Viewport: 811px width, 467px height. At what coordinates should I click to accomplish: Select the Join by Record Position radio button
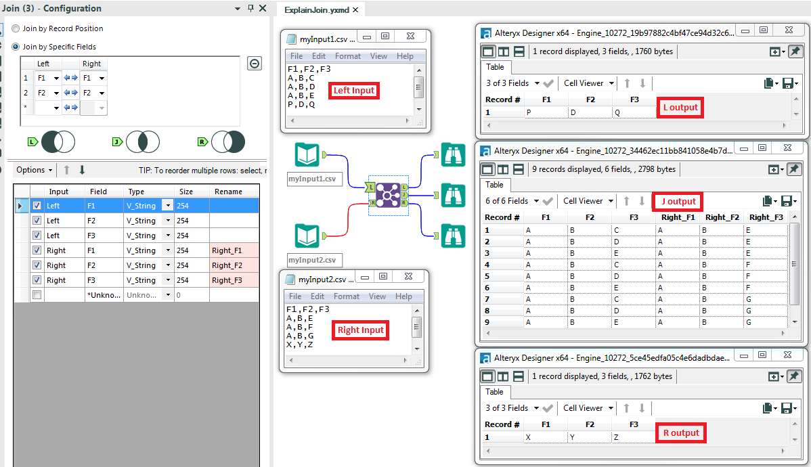(x=16, y=29)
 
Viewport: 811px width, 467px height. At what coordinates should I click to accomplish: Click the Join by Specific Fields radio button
(x=16, y=47)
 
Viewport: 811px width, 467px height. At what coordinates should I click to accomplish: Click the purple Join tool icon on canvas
(x=388, y=196)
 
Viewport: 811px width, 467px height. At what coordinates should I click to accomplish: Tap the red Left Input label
(x=353, y=91)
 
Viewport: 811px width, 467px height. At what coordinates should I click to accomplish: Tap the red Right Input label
(x=361, y=330)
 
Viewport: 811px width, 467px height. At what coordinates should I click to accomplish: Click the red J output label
(x=678, y=201)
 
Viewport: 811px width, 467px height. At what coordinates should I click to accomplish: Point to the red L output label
(x=680, y=108)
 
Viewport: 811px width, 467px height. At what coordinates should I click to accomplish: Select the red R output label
(x=680, y=433)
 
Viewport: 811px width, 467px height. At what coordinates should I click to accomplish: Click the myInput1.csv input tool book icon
(x=307, y=155)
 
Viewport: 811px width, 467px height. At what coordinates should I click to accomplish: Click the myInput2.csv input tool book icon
(x=307, y=236)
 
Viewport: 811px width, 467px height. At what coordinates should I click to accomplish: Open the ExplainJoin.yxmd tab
(x=316, y=9)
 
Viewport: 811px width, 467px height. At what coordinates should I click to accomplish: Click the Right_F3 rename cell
(x=233, y=280)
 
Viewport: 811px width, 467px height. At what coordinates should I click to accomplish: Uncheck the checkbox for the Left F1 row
(x=37, y=206)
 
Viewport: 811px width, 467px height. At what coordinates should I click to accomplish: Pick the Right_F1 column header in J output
(x=678, y=217)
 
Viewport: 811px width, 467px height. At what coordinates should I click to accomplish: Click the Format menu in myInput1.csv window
(x=348, y=56)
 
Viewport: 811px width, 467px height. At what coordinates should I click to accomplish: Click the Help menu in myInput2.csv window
(x=403, y=296)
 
